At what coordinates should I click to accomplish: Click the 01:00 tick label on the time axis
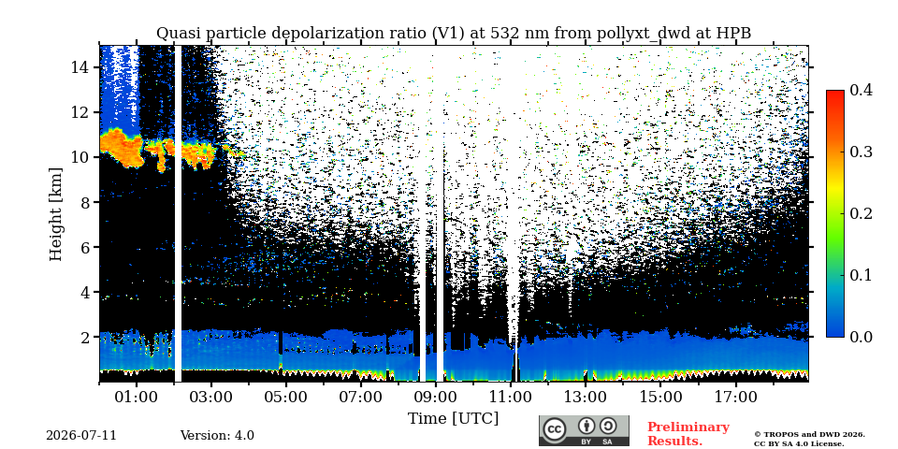coord(137,397)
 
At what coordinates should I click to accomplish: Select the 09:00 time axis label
coord(435,397)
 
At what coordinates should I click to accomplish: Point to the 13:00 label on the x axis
coord(585,397)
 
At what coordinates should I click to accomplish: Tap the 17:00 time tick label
coord(735,397)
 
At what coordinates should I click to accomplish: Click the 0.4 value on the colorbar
coord(860,91)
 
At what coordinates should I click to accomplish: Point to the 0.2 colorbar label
coord(860,213)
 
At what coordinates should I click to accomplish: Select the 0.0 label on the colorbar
coord(860,337)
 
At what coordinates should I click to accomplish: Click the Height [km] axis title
coord(55,214)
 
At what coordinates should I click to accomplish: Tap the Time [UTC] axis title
coord(453,419)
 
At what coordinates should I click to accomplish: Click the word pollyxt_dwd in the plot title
coord(568,34)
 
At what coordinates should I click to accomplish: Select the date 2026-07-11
coord(81,436)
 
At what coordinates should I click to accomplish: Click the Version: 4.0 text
coord(217,436)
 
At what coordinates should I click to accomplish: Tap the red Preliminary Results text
coord(688,433)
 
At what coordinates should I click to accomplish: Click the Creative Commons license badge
coord(584,430)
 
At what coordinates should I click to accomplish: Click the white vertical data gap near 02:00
coord(178,213)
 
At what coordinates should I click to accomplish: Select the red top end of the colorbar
coord(835,93)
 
